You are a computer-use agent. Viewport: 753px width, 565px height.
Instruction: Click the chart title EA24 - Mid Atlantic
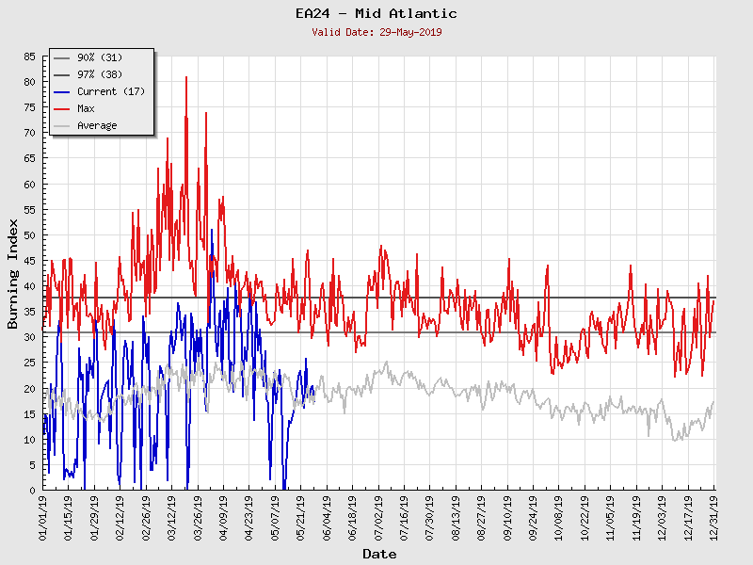click(376, 13)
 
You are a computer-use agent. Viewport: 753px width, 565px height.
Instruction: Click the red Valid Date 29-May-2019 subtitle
click(376, 32)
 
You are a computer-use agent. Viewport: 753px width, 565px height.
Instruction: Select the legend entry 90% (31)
click(100, 58)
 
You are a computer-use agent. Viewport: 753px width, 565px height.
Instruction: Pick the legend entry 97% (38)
click(100, 75)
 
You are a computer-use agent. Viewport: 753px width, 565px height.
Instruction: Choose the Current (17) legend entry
click(110, 92)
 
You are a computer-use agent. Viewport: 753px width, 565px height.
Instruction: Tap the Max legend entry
click(86, 109)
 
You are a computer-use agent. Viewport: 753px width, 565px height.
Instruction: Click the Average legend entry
click(97, 126)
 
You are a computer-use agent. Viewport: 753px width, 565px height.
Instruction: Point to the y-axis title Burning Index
click(13, 273)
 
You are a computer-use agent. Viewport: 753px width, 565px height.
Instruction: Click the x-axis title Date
click(379, 554)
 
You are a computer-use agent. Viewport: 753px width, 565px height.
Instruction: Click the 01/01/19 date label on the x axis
click(43, 519)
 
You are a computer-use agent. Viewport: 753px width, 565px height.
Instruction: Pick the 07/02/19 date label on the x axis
click(378, 519)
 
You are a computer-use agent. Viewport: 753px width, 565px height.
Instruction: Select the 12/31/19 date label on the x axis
click(713, 519)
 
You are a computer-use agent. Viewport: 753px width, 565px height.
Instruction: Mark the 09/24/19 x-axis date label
click(533, 519)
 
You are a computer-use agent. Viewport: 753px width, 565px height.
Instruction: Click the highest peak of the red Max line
click(186, 77)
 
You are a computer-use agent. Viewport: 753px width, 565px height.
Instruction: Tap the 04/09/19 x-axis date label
click(223, 519)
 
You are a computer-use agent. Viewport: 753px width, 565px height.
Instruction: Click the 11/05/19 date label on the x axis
click(610, 519)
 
